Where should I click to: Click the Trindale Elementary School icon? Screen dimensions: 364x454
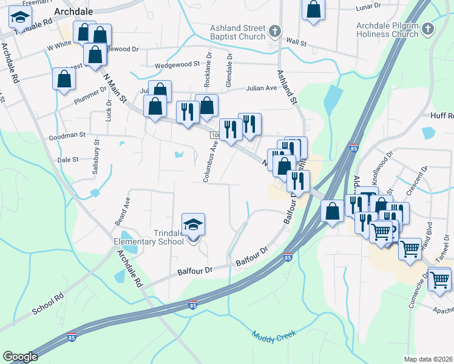[x=194, y=225]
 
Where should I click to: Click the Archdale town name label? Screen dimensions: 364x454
[x=73, y=12]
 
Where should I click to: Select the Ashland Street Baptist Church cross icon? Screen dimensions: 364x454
[x=275, y=31]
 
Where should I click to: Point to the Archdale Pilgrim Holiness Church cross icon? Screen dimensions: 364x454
[x=428, y=29]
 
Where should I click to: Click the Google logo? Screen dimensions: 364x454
[x=20, y=356]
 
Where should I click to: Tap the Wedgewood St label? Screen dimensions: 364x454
[x=177, y=64]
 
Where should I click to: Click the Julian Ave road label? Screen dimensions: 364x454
[x=261, y=88]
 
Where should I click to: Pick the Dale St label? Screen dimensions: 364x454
[x=67, y=160]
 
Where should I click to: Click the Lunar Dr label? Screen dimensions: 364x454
[x=368, y=5]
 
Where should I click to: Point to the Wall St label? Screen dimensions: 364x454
[x=296, y=42]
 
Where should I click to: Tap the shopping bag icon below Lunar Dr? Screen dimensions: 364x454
[x=314, y=10]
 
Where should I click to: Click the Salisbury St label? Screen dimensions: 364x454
[x=96, y=159]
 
